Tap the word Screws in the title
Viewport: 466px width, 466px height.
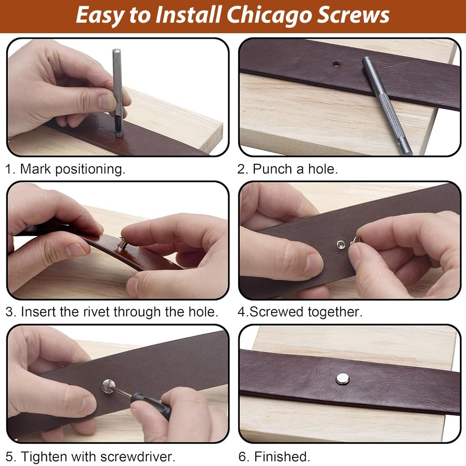[x=353, y=15]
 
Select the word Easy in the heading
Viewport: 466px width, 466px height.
[x=101, y=15]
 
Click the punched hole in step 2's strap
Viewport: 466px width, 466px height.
[x=336, y=64]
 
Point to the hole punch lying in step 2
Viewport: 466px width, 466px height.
[x=387, y=105]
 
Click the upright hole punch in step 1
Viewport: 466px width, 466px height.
[x=118, y=93]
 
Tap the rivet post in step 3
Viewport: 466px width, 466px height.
[x=123, y=243]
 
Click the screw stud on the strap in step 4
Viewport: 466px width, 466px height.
[x=340, y=244]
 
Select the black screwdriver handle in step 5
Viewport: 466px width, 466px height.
[x=151, y=405]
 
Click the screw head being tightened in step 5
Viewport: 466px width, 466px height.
[x=108, y=386]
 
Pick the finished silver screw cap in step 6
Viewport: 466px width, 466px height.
[x=342, y=379]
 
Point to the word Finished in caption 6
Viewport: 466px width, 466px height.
[x=282, y=456]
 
